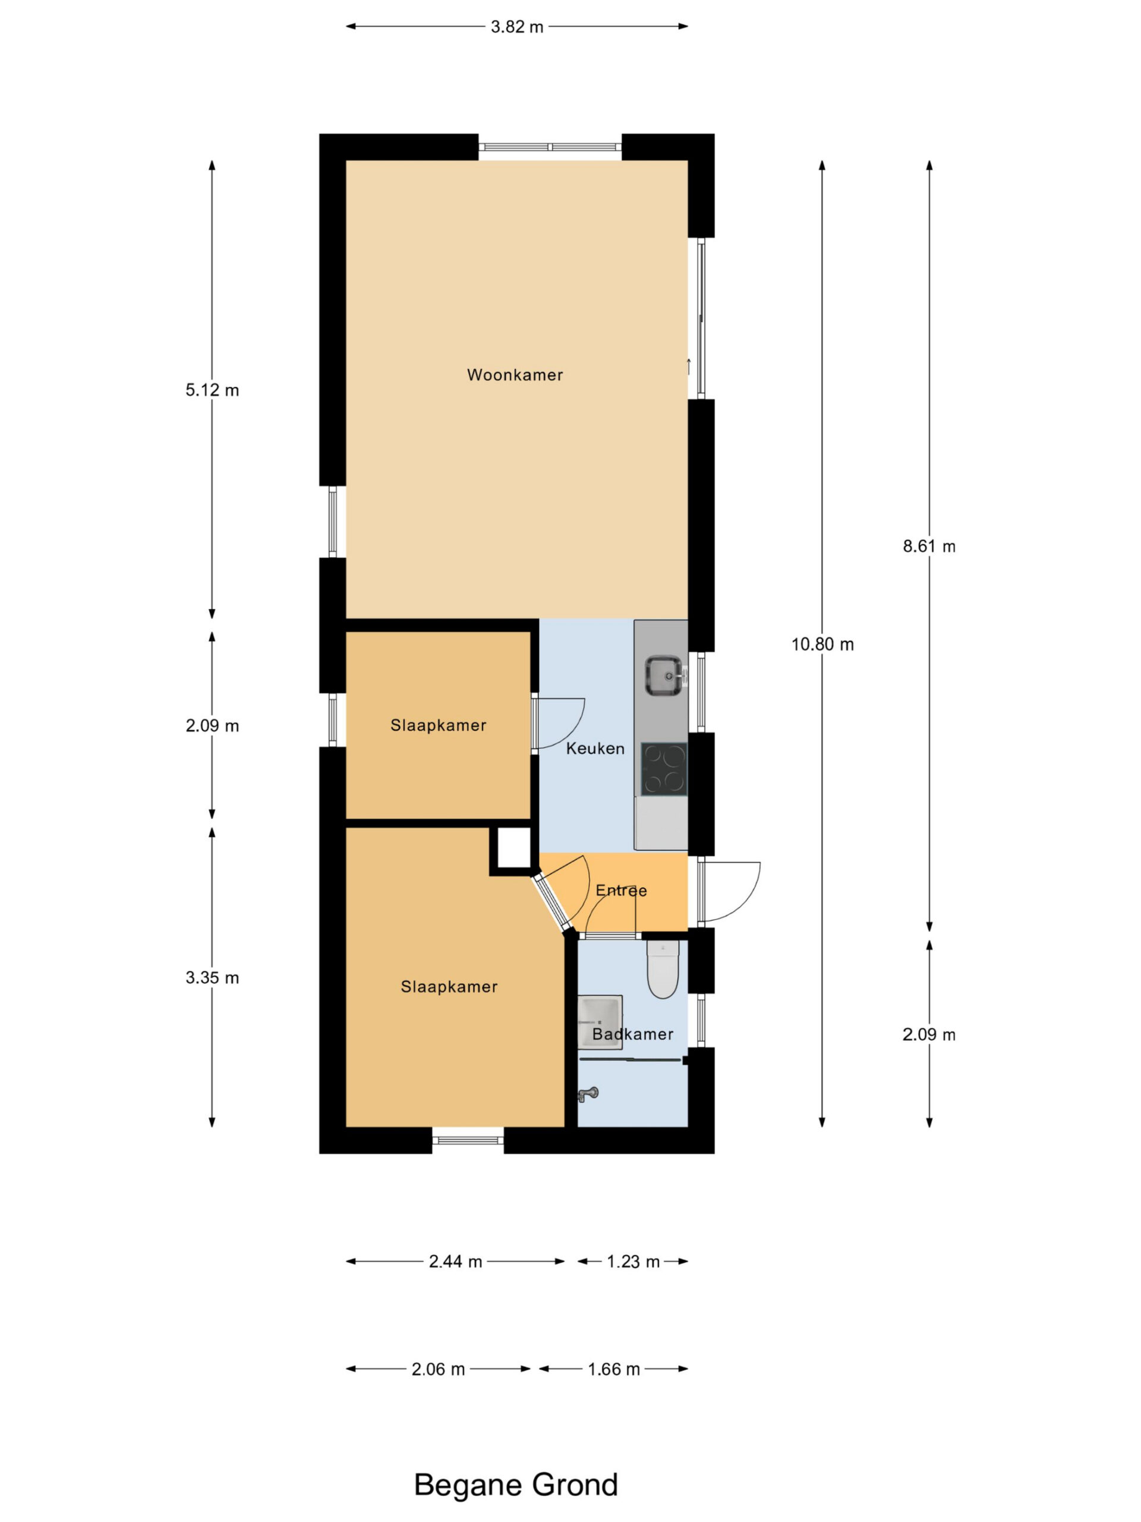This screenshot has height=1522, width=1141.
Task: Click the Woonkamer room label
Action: tap(515, 375)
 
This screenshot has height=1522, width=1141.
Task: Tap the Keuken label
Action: tap(595, 749)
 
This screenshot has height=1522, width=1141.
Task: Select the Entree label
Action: tap(621, 891)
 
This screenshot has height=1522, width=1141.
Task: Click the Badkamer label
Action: tap(632, 1034)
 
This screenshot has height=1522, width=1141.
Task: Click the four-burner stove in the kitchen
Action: tap(664, 769)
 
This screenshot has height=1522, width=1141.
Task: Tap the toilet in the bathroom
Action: tap(663, 970)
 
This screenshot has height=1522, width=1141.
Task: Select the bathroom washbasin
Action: tap(600, 1023)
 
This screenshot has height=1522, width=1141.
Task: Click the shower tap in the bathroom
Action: tap(589, 1094)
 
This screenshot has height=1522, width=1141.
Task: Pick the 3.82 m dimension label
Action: tap(516, 27)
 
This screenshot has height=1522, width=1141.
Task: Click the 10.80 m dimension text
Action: tap(822, 644)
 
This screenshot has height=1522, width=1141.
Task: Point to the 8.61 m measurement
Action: tap(929, 546)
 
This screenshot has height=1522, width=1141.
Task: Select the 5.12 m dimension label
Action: tap(212, 390)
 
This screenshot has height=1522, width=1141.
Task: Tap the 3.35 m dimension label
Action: tap(212, 978)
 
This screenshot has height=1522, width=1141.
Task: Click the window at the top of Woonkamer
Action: tap(550, 147)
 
